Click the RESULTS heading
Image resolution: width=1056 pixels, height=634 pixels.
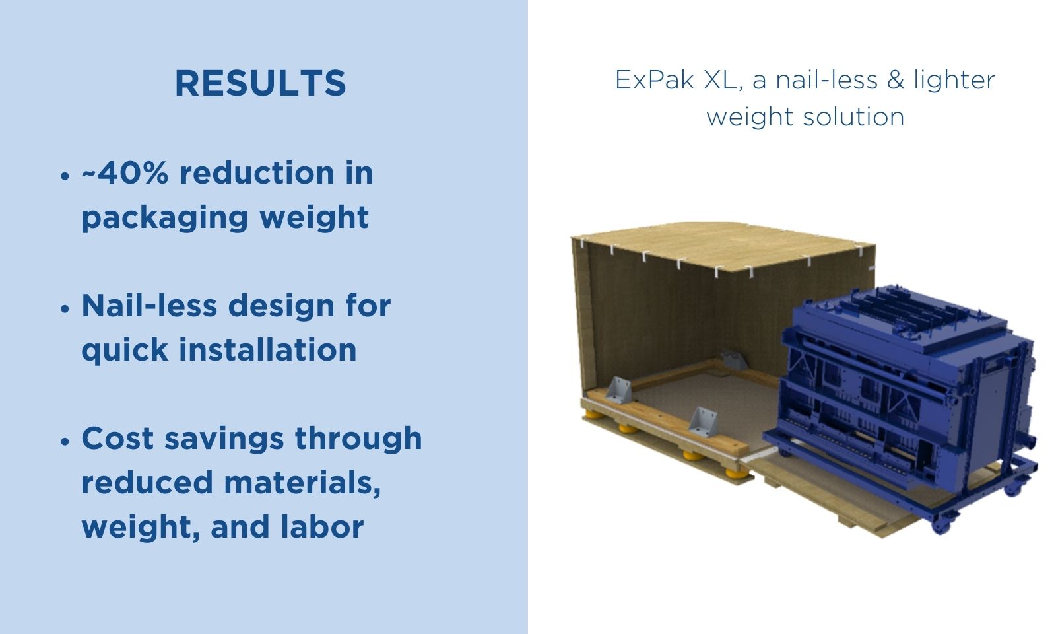coord(261,83)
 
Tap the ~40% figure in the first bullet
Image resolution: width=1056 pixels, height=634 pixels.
coord(125,172)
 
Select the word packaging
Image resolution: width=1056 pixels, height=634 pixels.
coord(164,217)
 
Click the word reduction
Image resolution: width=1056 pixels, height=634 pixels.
coord(257,172)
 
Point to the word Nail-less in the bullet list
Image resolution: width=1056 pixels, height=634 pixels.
coord(149,306)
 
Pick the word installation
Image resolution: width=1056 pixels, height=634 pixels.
coord(268,349)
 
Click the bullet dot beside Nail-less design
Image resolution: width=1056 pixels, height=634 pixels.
coord(65,309)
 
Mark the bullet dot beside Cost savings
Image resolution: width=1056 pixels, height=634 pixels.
coord(65,442)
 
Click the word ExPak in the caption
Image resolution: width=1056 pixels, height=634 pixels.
coord(655,80)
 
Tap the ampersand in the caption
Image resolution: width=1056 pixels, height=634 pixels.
coord(896,79)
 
